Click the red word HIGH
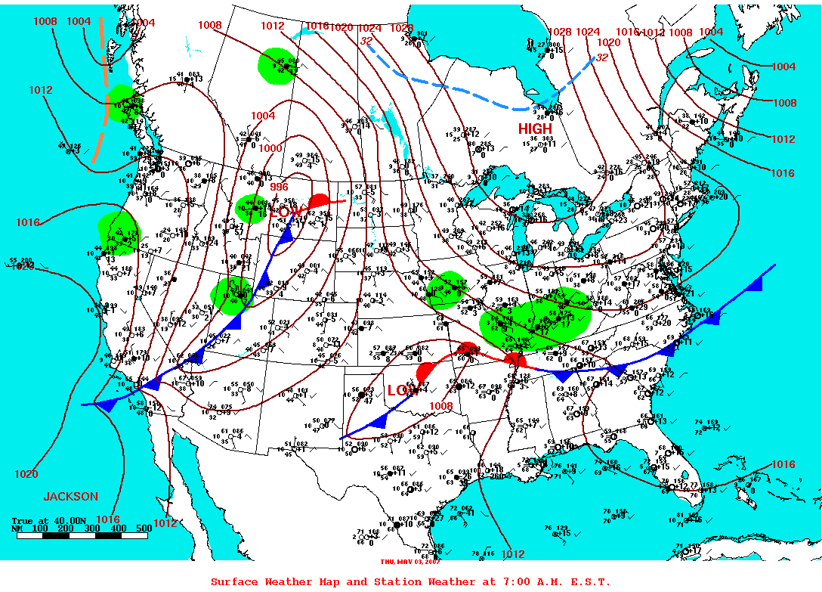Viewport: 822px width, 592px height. coord(535,129)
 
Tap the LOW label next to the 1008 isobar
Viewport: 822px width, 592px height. coord(402,390)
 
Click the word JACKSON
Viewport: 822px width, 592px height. coord(70,497)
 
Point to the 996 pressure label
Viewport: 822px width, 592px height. coord(279,187)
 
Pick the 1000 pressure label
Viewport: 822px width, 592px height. coord(270,148)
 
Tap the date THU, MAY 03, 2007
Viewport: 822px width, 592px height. coord(410,561)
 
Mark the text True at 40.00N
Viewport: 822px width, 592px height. coord(44,520)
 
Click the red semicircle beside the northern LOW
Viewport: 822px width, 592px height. coord(319,201)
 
